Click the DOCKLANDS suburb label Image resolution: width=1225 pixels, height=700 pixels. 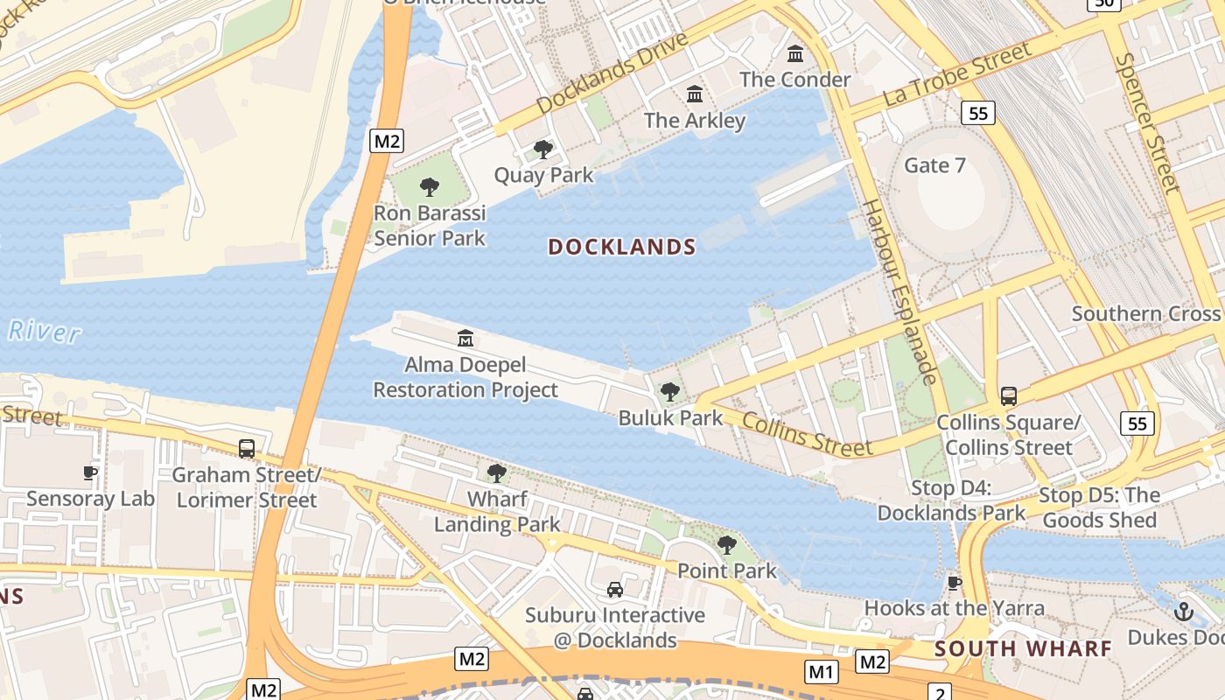pyautogui.click(x=621, y=247)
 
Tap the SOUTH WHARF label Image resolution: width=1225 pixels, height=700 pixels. pyautogui.click(x=1023, y=648)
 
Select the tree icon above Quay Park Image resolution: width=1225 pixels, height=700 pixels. pyautogui.click(x=543, y=150)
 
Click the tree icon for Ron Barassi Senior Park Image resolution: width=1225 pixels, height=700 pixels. pyautogui.click(x=429, y=186)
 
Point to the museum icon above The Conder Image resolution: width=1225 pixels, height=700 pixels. pyautogui.click(x=795, y=54)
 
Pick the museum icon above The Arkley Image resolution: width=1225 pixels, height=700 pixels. pyautogui.click(x=695, y=94)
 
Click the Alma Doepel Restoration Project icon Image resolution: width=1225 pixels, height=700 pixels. pyautogui.click(x=465, y=338)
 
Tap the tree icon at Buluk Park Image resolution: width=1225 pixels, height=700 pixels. pyautogui.click(x=670, y=391)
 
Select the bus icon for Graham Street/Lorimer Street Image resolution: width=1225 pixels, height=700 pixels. pyautogui.click(x=247, y=449)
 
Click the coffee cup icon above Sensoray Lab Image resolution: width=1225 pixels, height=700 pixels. pyautogui.click(x=89, y=473)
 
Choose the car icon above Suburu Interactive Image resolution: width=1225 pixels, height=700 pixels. pyautogui.click(x=615, y=590)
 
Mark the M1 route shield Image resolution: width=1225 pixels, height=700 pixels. pyautogui.click(x=821, y=671)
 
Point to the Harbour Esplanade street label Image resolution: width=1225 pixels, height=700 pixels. pyautogui.click(x=900, y=291)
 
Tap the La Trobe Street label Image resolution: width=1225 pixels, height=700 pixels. pyautogui.click(x=957, y=74)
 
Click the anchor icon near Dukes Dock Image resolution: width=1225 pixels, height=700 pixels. pyautogui.click(x=1183, y=611)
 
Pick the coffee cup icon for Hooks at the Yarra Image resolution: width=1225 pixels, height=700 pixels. pyautogui.click(x=954, y=582)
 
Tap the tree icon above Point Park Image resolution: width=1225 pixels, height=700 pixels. pyautogui.click(x=726, y=545)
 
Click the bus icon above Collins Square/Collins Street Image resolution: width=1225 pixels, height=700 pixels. pyautogui.click(x=1009, y=396)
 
